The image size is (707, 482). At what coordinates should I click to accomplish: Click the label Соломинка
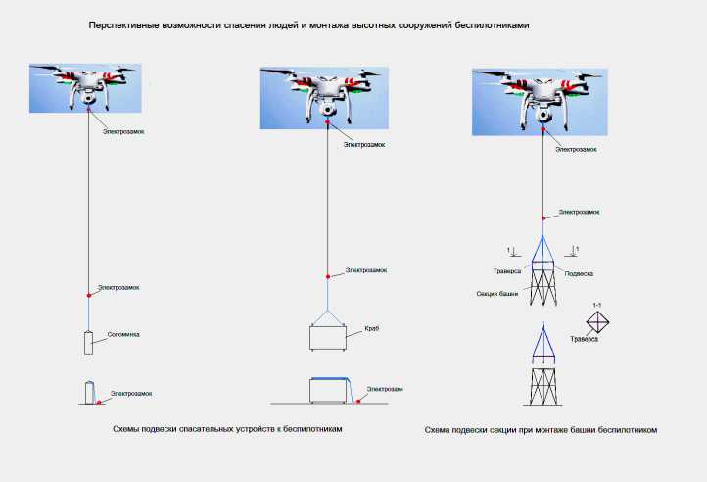pyautogui.click(x=124, y=335)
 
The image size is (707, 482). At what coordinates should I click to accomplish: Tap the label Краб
pyautogui.click(x=371, y=329)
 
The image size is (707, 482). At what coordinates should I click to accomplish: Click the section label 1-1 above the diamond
pyautogui.click(x=598, y=306)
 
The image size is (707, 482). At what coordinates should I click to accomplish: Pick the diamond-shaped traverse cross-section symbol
pyautogui.click(x=597, y=322)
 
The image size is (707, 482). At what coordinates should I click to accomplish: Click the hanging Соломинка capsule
pyautogui.click(x=89, y=343)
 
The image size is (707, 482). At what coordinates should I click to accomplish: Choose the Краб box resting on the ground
pyautogui.click(x=329, y=390)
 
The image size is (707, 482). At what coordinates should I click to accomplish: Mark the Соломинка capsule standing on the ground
pyautogui.click(x=88, y=392)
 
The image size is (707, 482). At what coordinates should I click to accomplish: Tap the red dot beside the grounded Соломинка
pyautogui.click(x=101, y=401)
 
